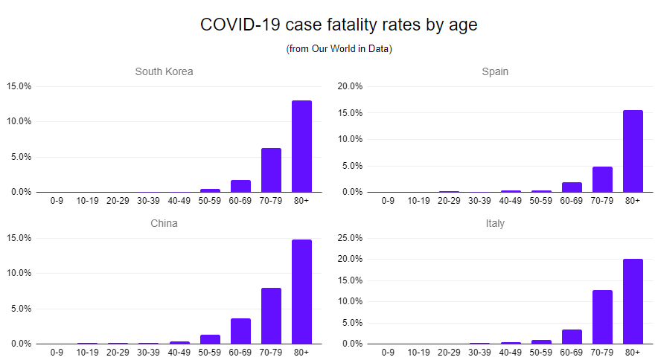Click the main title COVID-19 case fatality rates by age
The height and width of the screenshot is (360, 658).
(x=339, y=25)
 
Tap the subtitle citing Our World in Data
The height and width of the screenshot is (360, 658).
(x=339, y=49)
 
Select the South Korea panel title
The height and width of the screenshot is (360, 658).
(x=164, y=72)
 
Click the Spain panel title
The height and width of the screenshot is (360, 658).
(x=495, y=72)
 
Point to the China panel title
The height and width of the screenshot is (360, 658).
(x=164, y=223)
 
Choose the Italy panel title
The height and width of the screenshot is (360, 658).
(x=495, y=223)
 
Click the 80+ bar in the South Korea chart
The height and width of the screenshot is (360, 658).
(x=301, y=147)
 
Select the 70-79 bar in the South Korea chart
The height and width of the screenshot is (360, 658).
(x=271, y=170)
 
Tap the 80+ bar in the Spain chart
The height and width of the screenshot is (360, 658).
(x=633, y=151)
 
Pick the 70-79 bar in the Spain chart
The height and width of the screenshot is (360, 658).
(x=602, y=179)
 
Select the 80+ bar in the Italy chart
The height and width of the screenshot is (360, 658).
(x=633, y=301)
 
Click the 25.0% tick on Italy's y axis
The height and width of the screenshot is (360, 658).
(x=350, y=238)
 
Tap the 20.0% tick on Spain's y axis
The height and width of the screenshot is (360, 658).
(x=350, y=86)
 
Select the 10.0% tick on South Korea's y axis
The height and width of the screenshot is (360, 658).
(x=19, y=121)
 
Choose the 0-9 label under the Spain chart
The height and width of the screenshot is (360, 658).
(x=388, y=200)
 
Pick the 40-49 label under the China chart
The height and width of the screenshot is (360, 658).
(x=179, y=352)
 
